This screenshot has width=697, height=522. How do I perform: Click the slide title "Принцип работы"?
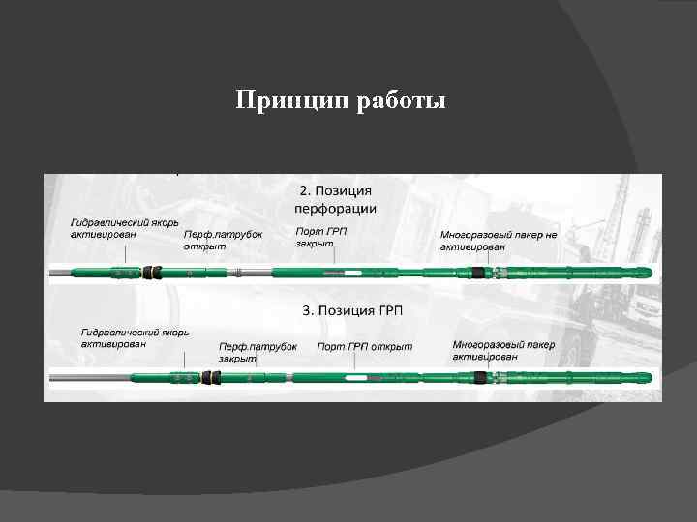click(341, 101)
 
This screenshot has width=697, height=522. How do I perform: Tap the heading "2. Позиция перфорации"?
click(334, 200)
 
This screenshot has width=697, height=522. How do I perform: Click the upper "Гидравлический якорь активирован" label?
click(124, 227)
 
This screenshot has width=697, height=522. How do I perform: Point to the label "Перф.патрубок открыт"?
click(223, 240)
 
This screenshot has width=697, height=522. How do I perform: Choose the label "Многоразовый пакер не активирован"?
click(499, 241)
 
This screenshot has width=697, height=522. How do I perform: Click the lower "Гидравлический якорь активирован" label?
click(135, 337)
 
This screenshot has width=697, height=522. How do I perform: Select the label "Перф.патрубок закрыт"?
click(258, 352)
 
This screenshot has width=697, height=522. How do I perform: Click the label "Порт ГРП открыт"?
click(364, 346)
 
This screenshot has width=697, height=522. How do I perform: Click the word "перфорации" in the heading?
click(334, 209)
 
